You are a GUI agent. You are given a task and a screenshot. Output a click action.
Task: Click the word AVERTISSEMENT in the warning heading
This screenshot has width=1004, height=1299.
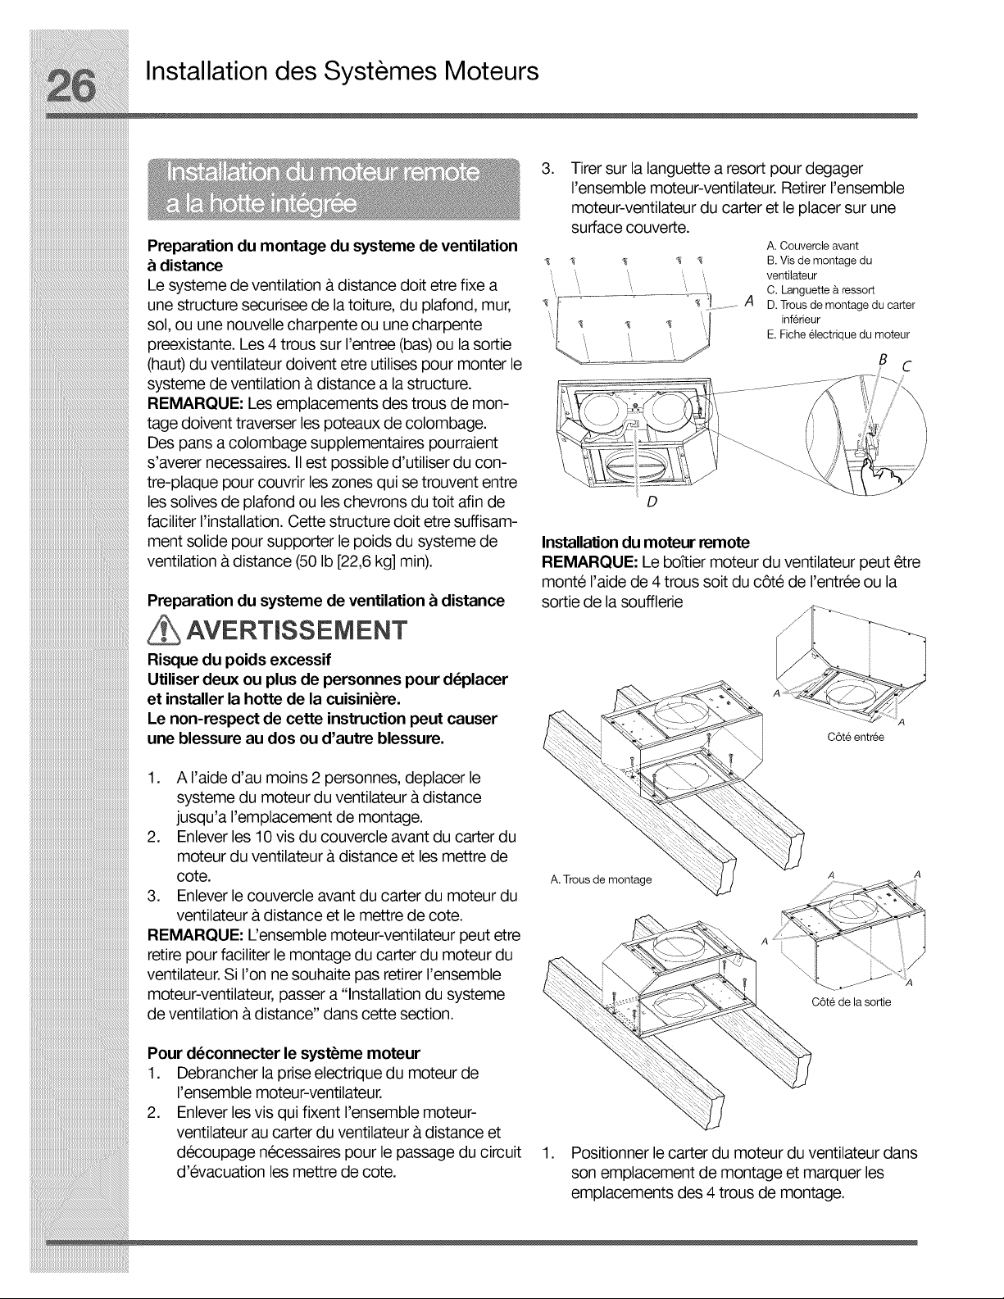pyautogui.click(x=297, y=631)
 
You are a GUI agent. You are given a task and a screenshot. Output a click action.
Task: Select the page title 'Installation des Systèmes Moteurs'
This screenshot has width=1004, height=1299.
pyautogui.click(x=342, y=72)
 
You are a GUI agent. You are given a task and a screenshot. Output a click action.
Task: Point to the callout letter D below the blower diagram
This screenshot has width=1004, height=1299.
pyautogui.click(x=652, y=502)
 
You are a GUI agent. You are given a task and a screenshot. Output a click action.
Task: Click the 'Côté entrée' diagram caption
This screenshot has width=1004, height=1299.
pyautogui.click(x=855, y=738)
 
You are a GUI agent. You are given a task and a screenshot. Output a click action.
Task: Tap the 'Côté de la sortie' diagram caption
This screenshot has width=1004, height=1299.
pyautogui.click(x=851, y=1002)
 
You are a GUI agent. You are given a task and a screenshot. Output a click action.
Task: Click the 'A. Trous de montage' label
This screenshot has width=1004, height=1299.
pyautogui.click(x=601, y=879)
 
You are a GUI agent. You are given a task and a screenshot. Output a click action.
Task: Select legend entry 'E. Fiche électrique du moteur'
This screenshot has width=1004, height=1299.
pyautogui.click(x=838, y=334)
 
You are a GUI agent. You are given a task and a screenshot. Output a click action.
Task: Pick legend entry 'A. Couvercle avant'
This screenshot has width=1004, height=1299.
pyautogui.click(x=812, y=246)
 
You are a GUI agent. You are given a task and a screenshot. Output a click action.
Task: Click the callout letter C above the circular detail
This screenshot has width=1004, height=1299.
pyautogui.click(x=906, y=367)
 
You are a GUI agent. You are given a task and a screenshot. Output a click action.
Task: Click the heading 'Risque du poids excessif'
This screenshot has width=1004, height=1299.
pyautogui.click(x=239, y=660)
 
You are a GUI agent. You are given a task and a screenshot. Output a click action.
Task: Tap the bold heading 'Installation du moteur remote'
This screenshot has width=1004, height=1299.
pyautogui.click(x=646, y=543)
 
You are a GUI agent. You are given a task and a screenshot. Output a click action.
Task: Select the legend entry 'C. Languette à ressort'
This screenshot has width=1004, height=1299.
pyautogui.click(x=820, y=290)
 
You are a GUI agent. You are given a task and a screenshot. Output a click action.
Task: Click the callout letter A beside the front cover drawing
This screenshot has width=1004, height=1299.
pyautogui.click(x=748, y=302)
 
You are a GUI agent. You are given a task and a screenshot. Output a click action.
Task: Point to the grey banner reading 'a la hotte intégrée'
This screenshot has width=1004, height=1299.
pyautogui.click(x=261, y=205)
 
